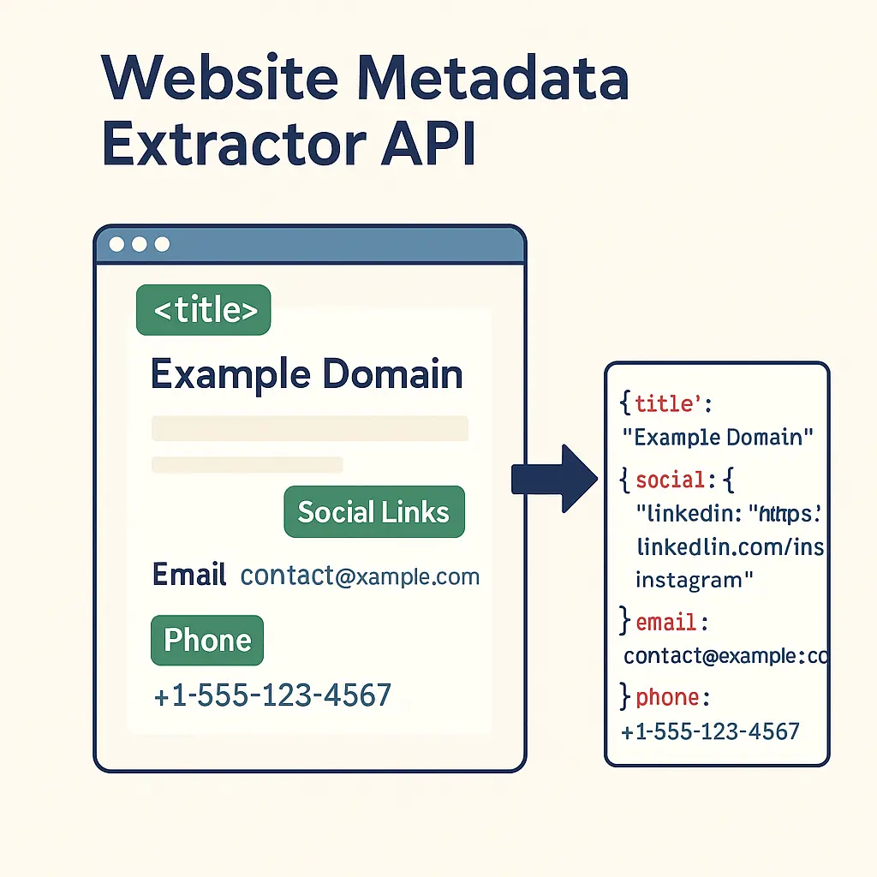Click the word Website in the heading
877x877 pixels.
pyautogui.click(x=220, y=77)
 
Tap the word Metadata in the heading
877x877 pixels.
pyautogui.click(x=493, y=77)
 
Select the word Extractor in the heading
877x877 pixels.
pyautogui.click(x=235, y=143)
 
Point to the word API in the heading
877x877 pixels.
pyautogui.click(x=428, y=143)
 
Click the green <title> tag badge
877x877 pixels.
pyautogui.click(x=204, y=310)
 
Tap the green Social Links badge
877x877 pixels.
pyautogui.click(x=374, y=512)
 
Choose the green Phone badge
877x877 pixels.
pyautogui.click(x=207, y=641)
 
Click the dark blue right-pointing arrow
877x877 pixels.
pyautogui.click(x=554, y=479)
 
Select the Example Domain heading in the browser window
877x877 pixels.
pyautogui.click(x=307, y=374)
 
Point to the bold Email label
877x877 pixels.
pyautogui.click(x=189, y=575)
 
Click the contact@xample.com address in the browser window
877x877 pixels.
pyautogui.click(x=360, y=576)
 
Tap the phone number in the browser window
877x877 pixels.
pyautogui.click(x=272, y=695)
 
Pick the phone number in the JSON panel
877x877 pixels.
pyautogui.click(x=710, y=731)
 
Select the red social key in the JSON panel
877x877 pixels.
pyautogui.click(x=670, y=480)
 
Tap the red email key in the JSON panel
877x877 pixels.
pyautogui.click(x=665, y=623)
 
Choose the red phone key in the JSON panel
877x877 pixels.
pyautogui.click(x=667, y=697)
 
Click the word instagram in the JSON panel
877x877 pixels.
pyautogui.click(x=689, y=581)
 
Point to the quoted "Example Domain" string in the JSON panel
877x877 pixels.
pyautogui.click(x=718, y=437)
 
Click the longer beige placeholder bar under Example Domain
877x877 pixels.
pyautogui.click(x=310, y=428)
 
